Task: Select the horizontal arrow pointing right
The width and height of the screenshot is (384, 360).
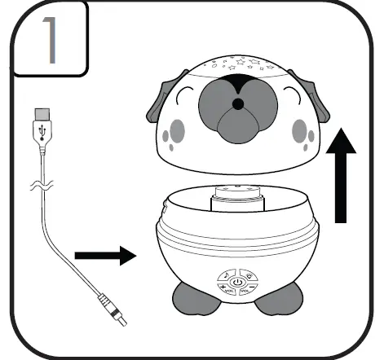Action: pyautogui.click(x=104, y=257)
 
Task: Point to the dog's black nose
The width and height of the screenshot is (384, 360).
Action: pyautogui.click(x=237, y=105)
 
